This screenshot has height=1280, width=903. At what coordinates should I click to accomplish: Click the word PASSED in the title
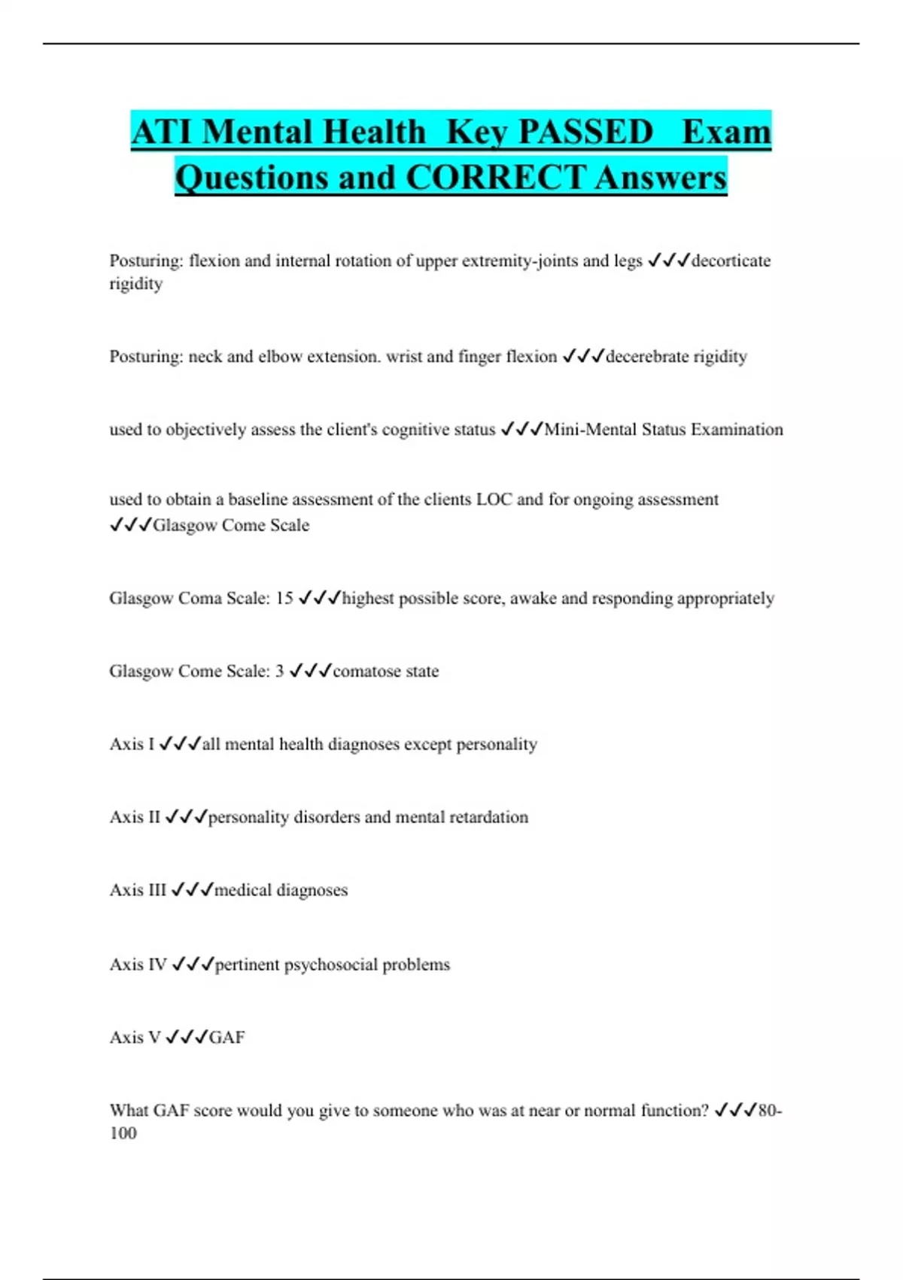click(585, 133)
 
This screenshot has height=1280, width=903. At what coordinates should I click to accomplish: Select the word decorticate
click(731, 261)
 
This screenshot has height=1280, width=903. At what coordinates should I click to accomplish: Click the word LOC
click(494, 500)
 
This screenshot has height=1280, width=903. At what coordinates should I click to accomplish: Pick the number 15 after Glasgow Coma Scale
click(284, 599)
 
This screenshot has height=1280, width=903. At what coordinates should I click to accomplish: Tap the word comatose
click(363, 672)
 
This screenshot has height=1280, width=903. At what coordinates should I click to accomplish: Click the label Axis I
click(132, 745)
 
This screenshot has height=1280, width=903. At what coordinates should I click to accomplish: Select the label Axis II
click(135, 818)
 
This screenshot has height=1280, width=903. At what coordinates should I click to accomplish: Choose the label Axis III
click(138, 891)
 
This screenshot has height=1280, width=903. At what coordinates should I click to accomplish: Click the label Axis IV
click(138, 965)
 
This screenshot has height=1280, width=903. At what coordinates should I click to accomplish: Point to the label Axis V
click(135, 1038)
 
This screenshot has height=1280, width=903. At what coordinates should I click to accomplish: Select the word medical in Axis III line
click(243, 891)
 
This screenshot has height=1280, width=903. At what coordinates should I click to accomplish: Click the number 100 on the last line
click(123, 1134)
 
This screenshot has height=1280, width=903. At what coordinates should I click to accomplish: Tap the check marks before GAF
click(186, 1038)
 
